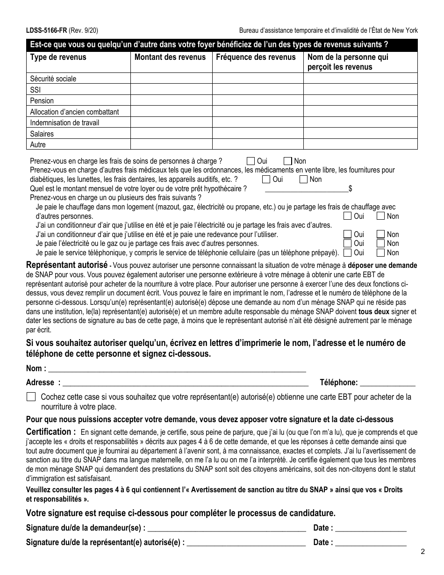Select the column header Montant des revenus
click(170, 57)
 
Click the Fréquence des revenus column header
click(256, 57)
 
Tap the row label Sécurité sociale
click(53, 79)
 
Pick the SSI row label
click(36, 90)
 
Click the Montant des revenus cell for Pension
click(171, 101)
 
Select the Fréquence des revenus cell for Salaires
click(258, 134)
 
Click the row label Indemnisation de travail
click(64, 122)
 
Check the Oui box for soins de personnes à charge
click(251, 161)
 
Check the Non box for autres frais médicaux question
click(303, 179)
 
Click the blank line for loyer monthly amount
click(307, 188)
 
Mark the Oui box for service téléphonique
click(347, 253)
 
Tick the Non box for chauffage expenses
click(381, 216)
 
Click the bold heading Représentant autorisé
click(67, 265)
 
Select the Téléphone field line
click(387, 382)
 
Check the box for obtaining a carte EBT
click(31, 397)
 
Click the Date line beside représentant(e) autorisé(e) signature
click(371, 543)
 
